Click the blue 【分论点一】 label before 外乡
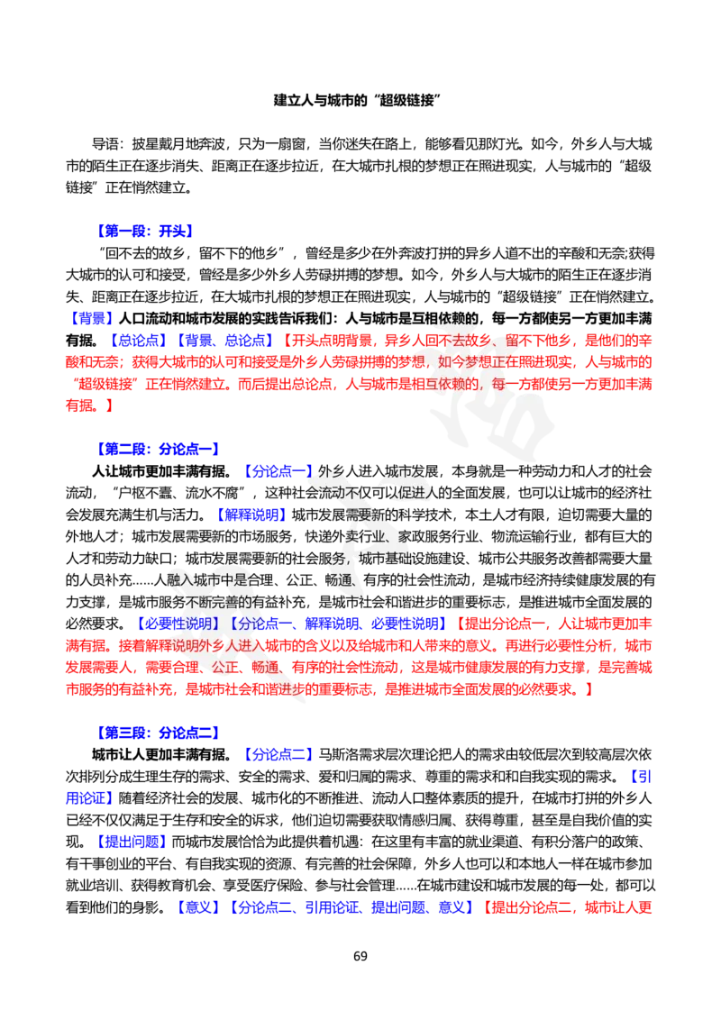(278, 470)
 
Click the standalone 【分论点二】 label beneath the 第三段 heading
(279, 753)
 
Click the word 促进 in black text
(416, 493)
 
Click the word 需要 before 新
(360, 515)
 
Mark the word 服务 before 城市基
(335, 558)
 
